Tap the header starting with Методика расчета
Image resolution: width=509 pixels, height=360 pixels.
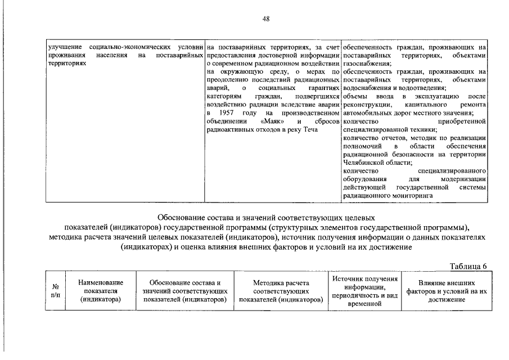[x=281, y=291]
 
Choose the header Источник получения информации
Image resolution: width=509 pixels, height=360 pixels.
[x=365, y=291]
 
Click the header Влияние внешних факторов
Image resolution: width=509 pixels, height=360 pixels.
[x=448, y=291]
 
